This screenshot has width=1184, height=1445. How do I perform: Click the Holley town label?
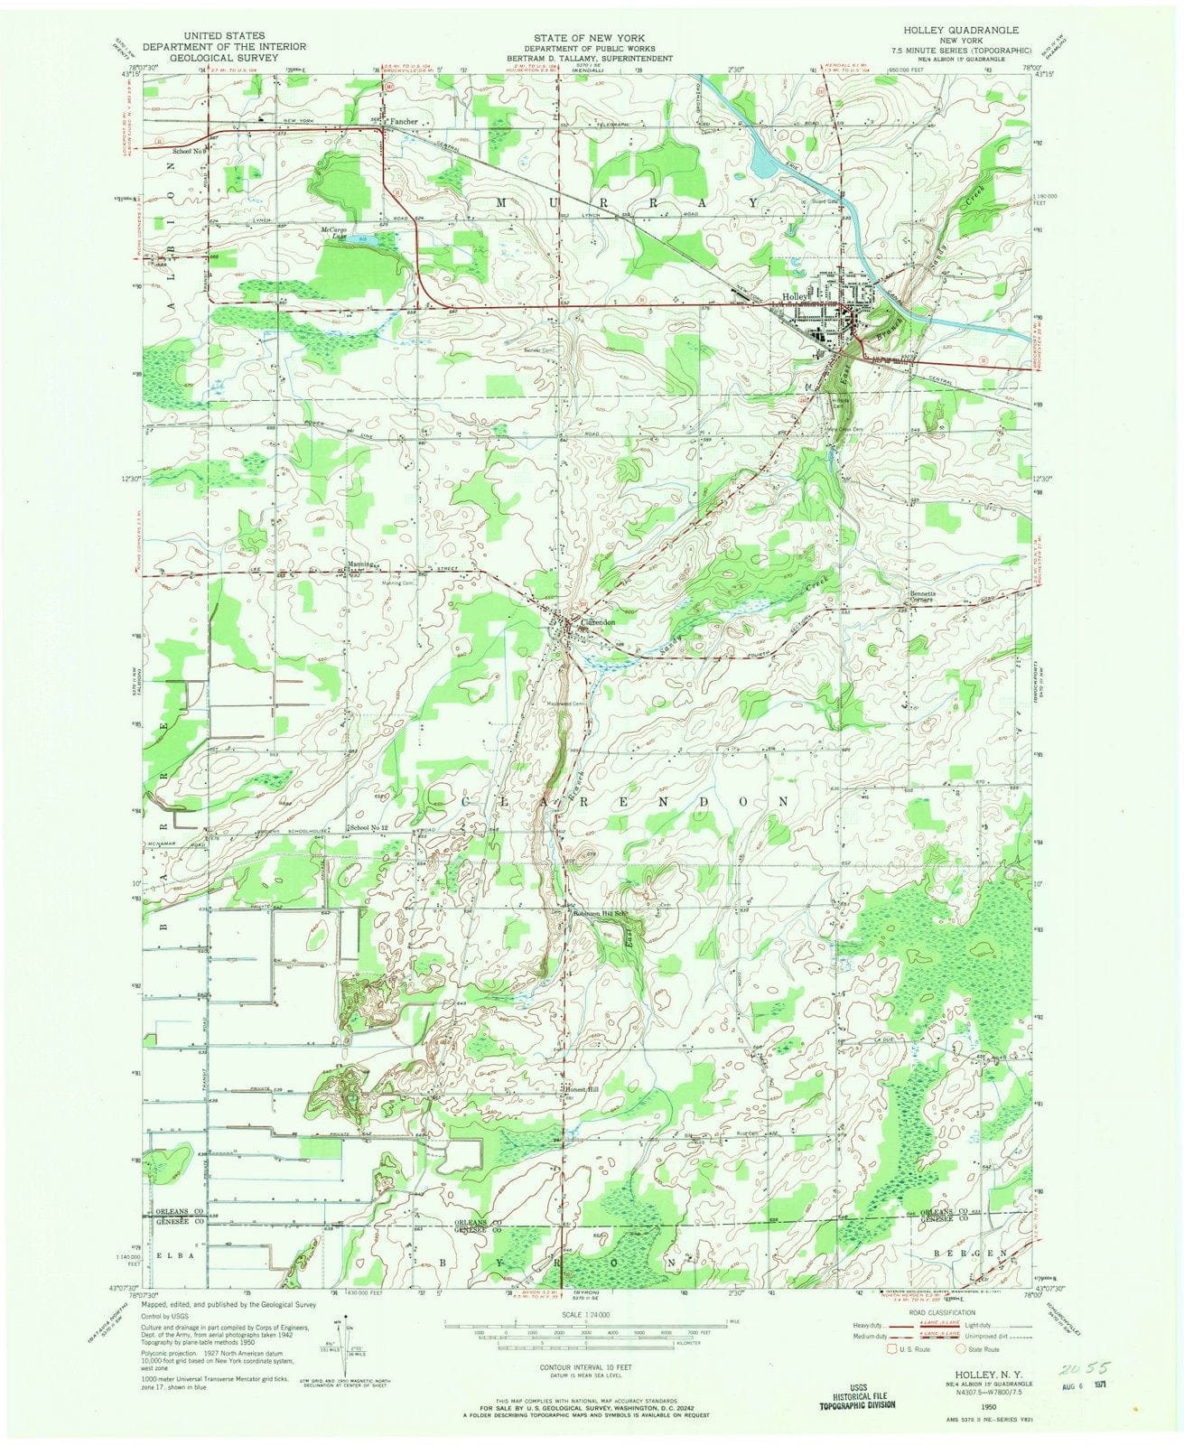coord(793,296)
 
